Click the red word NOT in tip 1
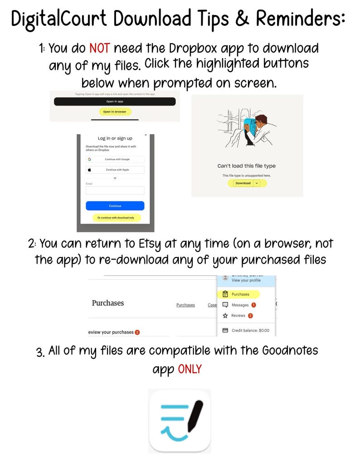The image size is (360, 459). point(99,48)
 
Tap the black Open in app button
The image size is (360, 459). point(115,101)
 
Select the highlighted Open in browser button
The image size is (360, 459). point(115,111)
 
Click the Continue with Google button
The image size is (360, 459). point(115,159)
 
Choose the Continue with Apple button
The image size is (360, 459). point(115,170)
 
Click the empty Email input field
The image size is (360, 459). point(115,190)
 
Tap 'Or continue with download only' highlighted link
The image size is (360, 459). point(117,217)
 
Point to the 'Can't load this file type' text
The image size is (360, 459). point(246,166)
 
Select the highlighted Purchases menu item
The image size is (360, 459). point(240,294)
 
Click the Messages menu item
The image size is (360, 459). point(240,305)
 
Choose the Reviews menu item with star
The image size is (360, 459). point(238,315)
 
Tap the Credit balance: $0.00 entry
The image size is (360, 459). point(250,330)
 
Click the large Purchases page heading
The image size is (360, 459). point(108,303)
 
